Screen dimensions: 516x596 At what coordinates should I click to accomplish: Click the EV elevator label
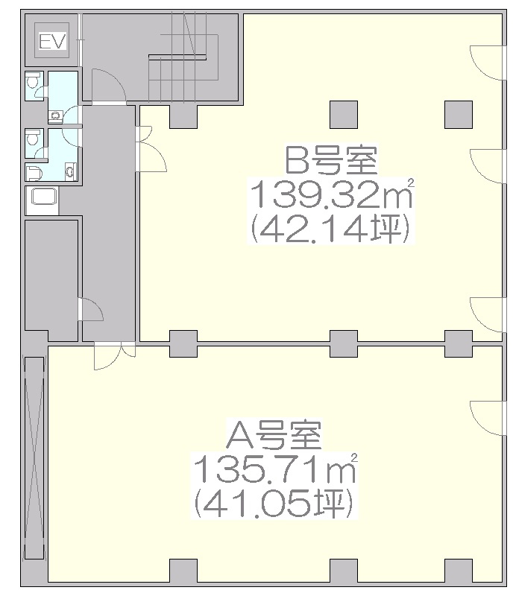coord(52,41)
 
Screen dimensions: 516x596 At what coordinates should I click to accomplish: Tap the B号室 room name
coord(331,160)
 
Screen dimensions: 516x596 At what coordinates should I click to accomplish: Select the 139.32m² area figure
coord(331,194)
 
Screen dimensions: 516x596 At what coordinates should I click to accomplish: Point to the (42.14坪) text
coord(331,227)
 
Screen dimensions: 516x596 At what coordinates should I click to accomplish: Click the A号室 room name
coord(274,435)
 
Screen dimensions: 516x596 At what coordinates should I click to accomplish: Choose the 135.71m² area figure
coord(275,469)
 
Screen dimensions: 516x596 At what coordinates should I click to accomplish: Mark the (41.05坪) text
coord(274,503)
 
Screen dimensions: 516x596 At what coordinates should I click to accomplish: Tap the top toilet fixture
coord(32,82)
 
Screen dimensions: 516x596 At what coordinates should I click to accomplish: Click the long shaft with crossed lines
coord(34,457)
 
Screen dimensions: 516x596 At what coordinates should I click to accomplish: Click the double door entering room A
coord(115,356)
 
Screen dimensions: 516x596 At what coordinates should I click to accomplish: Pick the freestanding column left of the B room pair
coord(344,115)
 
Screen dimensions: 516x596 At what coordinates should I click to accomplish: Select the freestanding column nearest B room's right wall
coord(459,115)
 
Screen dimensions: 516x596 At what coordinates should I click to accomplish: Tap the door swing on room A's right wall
coord(488,419)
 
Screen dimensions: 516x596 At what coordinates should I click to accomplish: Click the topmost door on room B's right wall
coord(488,63)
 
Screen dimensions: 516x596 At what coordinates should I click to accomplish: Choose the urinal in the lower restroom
coord(34,174)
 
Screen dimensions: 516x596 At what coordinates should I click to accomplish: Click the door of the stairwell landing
coord(109,86)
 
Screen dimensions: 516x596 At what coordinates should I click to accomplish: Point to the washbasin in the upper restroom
coord(56,115)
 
